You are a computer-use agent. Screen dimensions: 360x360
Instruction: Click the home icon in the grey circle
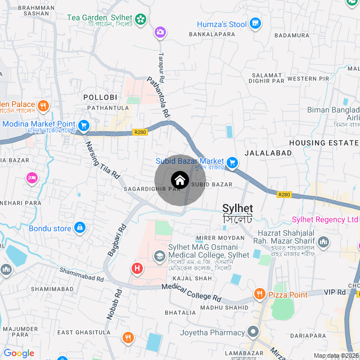[179, 180]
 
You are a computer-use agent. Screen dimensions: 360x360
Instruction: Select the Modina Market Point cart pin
[84, 125]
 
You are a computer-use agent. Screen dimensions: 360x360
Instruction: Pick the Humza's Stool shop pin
[256, 24]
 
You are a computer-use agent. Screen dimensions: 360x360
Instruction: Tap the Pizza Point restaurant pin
[259, 293]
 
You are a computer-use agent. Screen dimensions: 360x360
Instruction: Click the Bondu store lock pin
[80, 228]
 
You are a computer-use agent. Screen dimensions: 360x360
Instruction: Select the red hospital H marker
[136, 268]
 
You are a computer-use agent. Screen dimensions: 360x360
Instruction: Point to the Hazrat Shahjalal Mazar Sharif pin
[323, 242]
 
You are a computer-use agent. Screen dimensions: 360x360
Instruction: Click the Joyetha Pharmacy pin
[253, 331]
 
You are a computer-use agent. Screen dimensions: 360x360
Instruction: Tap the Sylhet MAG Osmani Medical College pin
[160, 256]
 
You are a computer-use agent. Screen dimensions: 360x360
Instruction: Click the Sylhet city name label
[237, 208]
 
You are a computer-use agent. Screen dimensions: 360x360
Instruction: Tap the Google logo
[19, 353]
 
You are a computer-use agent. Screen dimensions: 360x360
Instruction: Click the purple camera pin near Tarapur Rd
[161, 32]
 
